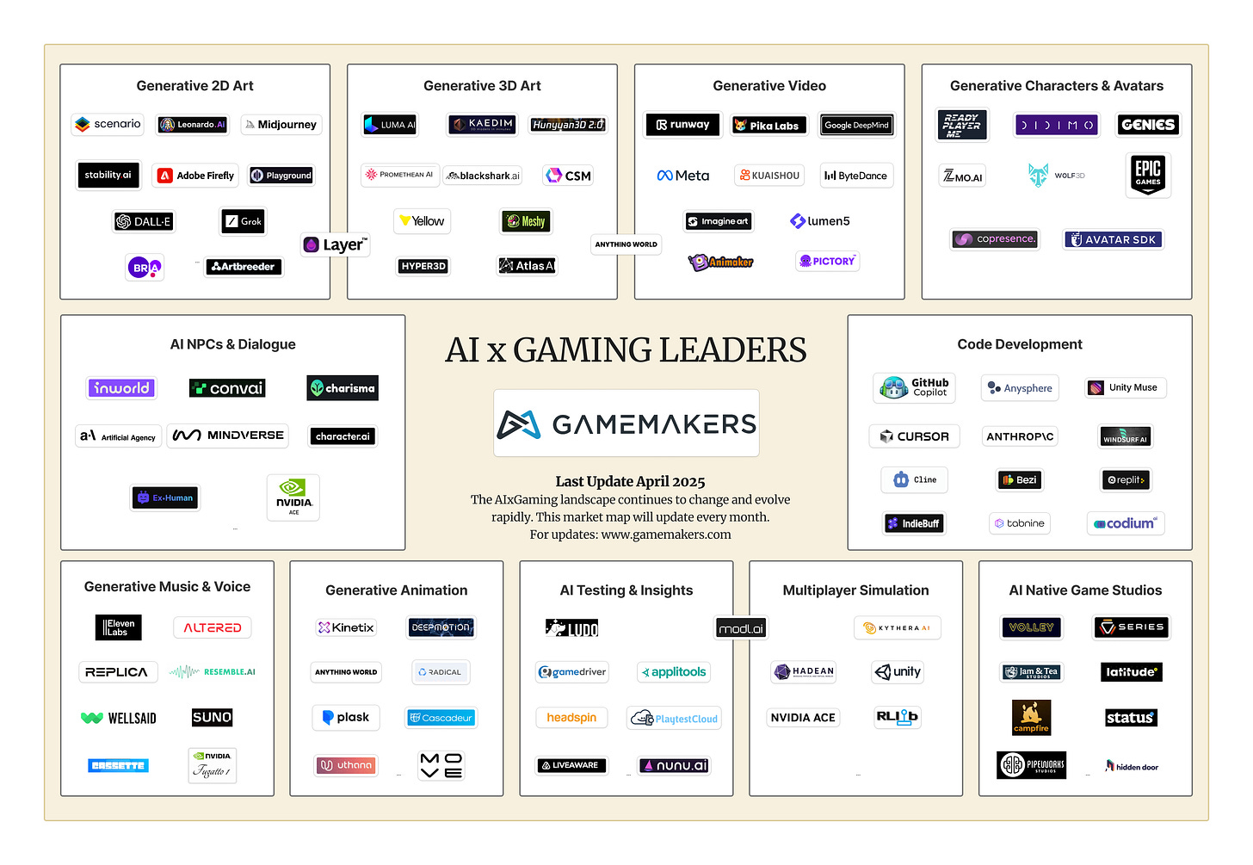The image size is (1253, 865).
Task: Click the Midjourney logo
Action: pos(281,125)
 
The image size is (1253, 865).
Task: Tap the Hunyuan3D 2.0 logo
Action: pos(568,125)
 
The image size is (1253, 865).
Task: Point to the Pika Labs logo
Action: pos(768,126)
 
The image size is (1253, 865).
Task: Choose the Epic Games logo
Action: pos(1148,174)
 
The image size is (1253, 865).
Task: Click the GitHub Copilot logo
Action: pos(915,388)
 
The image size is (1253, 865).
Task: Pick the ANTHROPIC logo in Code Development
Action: pos(1020,436)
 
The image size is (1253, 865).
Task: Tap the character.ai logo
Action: pos(343,436)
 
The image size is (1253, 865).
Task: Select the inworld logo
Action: pos(121,388)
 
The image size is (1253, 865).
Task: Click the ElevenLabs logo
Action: pos(118,627)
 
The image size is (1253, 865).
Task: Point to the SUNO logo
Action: pos(212,717)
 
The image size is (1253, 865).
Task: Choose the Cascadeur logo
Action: pos(441,718)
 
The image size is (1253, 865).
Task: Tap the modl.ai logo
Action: pos(741,629)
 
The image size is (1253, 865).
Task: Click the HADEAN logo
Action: pos(804,672)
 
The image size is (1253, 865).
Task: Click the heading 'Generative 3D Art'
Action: pos(482,86)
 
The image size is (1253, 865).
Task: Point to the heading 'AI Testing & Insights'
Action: pos(626,590)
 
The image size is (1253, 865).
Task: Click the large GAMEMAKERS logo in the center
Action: pos(626,423)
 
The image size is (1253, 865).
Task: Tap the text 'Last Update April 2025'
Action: pos(630,482)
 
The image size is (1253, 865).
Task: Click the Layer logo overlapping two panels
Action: pos(336,245)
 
